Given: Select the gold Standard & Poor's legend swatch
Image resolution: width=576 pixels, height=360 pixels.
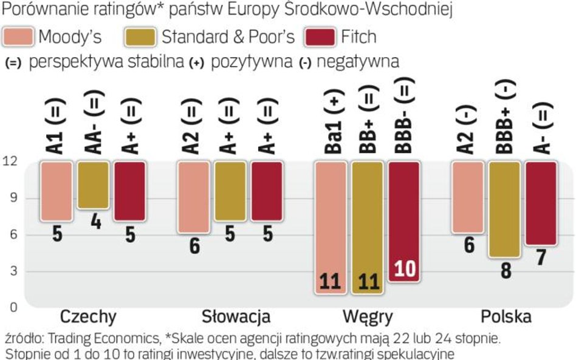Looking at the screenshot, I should click(x=142, y=37).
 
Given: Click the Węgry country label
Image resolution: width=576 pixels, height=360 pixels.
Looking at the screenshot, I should click(x=367, y=317).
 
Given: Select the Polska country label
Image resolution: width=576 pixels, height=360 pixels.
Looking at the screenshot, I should click(x=506, y=317).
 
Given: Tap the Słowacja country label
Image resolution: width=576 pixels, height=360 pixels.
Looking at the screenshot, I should click(x=236, y=317).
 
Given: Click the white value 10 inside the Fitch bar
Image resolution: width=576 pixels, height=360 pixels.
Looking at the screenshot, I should click(x=404, y=270).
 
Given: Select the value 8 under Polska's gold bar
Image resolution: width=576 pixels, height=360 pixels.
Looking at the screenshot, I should click(x=504, y=271).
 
